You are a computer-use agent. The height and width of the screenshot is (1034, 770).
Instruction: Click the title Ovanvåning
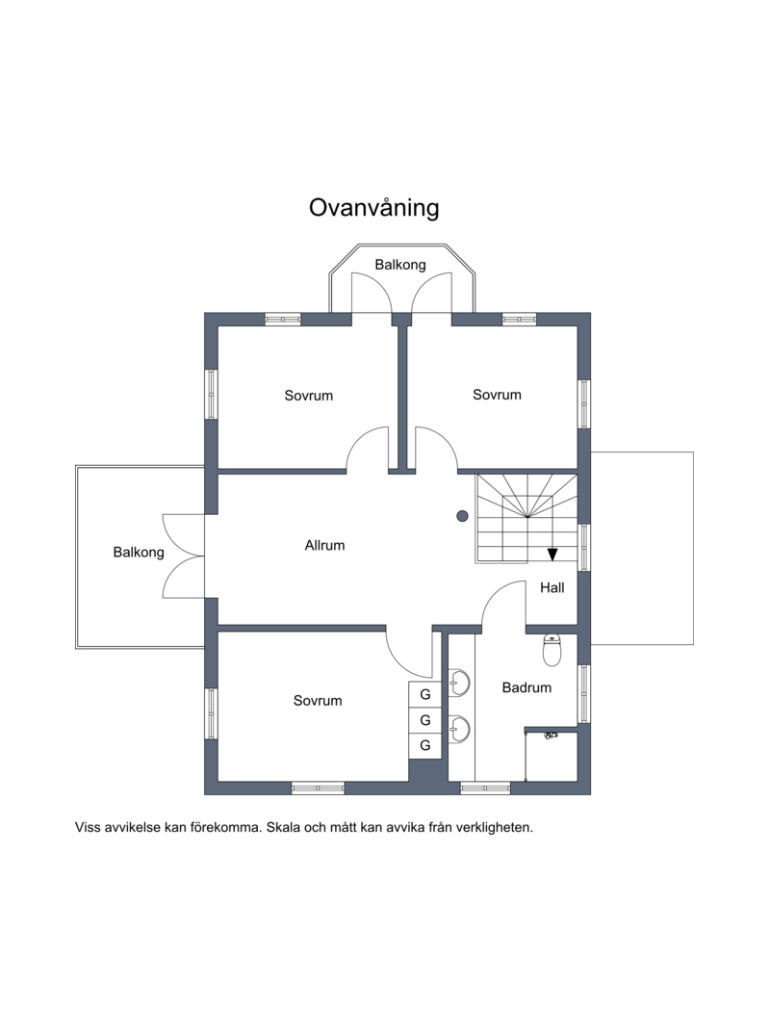[373, 208]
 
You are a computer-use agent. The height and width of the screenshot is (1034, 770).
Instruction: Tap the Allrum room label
[324, 545]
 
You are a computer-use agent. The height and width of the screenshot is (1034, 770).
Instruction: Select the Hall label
[552, 587]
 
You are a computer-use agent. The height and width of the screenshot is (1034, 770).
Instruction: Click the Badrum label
[526, 687]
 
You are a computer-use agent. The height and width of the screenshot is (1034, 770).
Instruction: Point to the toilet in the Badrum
[552, 650]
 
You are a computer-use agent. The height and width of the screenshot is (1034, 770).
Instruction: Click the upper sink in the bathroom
[459, 683]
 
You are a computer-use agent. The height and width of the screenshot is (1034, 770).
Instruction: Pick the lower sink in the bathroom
[459, 729]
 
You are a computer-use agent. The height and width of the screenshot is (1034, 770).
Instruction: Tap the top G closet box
[425, 694]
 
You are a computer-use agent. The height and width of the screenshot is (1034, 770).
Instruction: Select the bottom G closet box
[425, 745]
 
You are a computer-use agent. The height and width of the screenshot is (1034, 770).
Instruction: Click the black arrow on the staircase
[552, 554]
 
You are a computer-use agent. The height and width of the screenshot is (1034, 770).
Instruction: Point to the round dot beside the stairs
[462, 516]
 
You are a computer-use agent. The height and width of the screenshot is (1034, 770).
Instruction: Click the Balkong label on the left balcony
[139, 553]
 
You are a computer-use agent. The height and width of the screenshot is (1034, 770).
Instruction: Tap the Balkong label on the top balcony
[400, 265]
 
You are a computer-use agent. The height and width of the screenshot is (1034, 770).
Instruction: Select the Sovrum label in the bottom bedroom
[318, 701]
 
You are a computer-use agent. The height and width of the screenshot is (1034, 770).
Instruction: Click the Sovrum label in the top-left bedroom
[309, 396]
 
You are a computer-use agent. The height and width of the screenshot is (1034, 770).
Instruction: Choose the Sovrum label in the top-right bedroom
[497, 395]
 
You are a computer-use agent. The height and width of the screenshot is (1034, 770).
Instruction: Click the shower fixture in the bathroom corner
[550, 736]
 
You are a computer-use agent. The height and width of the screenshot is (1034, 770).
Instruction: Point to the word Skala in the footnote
[284, 827]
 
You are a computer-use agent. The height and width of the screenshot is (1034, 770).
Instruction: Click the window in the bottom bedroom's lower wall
[318, 788]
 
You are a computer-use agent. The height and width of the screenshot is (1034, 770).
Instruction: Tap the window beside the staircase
[584, 548]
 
